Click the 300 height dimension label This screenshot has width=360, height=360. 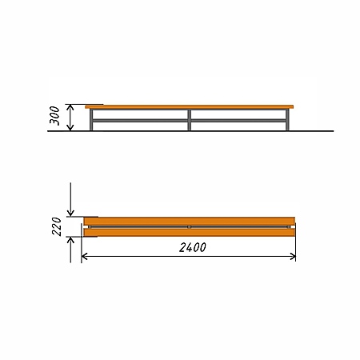[54, 115]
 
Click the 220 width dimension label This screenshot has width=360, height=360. [57, 226]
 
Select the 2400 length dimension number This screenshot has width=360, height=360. [193, 248]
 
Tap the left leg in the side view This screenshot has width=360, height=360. [91, 120]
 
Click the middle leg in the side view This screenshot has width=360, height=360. [189, 120]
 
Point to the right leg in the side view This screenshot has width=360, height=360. [287, 120]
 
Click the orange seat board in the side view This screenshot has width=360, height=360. [190, 107]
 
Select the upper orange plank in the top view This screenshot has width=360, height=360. [190, 221]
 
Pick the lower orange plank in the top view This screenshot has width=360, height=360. [190, 233]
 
